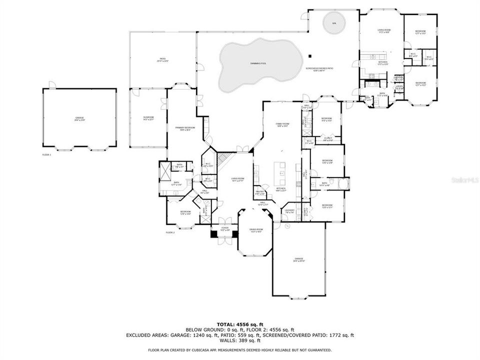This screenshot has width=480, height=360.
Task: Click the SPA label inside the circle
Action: click(334, 23)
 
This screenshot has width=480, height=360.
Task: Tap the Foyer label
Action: click(224, 228)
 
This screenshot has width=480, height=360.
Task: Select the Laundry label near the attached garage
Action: click(290, 210)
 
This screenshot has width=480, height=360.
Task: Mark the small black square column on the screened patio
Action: click(310, 55)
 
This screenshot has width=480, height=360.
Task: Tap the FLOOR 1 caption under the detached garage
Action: click(46, 155)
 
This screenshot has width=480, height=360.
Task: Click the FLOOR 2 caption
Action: click(170, 232)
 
